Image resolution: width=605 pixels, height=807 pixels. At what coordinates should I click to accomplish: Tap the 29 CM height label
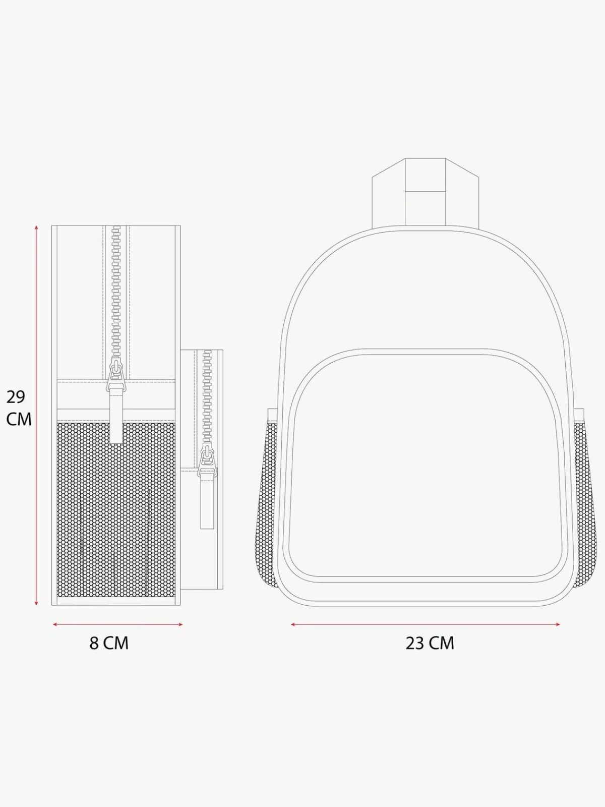point(19,408)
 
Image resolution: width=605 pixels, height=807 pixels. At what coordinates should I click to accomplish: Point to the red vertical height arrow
point(36,415)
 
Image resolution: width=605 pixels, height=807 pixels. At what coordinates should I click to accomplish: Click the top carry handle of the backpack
point(426,192)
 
